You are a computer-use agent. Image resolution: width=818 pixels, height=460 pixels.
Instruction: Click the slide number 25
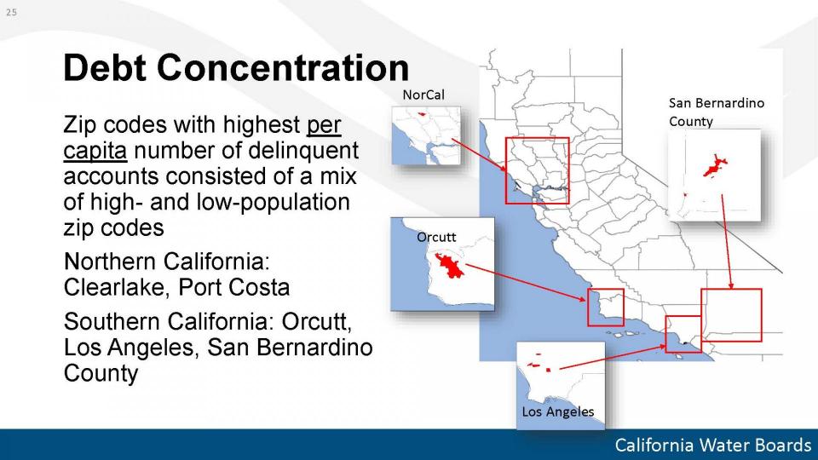11,12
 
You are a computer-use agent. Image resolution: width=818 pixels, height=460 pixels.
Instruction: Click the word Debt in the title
106,67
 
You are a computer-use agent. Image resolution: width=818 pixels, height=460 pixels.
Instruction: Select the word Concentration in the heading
283,67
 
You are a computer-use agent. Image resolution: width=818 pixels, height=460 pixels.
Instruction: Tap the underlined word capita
95,151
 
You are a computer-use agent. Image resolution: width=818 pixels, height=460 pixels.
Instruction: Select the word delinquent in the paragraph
303,151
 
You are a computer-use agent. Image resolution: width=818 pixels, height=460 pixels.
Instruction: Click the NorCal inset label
423,95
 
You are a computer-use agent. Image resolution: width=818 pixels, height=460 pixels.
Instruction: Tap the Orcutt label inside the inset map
436,238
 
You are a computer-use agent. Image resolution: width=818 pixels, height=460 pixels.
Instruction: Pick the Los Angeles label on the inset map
557,411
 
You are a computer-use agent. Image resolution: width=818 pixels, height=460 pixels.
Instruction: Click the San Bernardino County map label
717,112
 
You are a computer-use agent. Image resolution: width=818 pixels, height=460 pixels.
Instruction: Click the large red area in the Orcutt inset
450,266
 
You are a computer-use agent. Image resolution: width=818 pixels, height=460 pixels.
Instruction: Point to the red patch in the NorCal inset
422,113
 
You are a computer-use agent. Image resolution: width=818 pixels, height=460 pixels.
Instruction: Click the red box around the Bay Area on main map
506,170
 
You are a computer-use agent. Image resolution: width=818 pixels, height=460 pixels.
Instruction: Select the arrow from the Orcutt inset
526,282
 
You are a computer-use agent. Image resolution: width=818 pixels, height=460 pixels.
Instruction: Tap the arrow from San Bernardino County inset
727,241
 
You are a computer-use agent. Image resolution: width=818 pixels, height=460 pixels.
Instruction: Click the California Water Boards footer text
712,445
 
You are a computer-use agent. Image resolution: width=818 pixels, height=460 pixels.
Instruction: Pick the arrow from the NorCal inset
479,155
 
